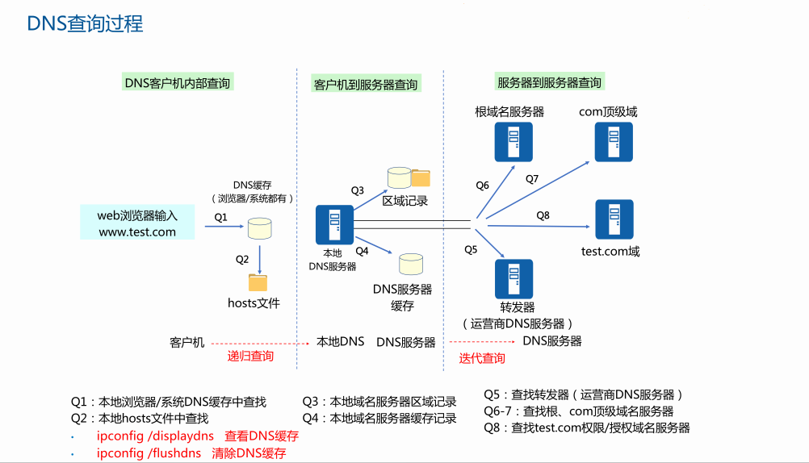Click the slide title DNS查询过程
85,23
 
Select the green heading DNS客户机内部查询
178,83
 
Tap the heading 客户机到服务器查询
366,84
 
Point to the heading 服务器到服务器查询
549,82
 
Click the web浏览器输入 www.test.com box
137,223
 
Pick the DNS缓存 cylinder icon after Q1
259,228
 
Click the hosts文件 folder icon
258,282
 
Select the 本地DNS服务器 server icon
334,224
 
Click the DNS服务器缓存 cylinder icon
410,264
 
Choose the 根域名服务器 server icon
513,140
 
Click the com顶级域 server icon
614,140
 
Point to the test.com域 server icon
614,219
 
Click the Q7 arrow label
532,179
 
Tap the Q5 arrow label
471,249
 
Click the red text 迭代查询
482,358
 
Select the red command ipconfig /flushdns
149,453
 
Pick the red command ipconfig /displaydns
155,436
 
